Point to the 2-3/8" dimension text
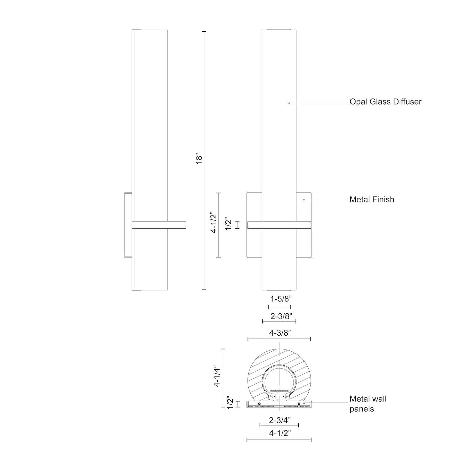[x=279, y=316]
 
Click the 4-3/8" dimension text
[x=279, y=333]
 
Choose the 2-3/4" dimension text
[x=279, y=420]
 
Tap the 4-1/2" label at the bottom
[x=279, y=433]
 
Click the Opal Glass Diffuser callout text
[x=386, y=102]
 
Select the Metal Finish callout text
[x=372, y=199]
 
